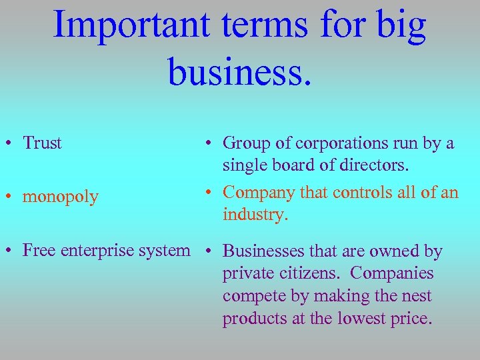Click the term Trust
pyautogui.click(x=42, y=143)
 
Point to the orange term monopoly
pyautogui.click(x=61, y=197)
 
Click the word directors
pyautogui.click(x=377, y=165)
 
